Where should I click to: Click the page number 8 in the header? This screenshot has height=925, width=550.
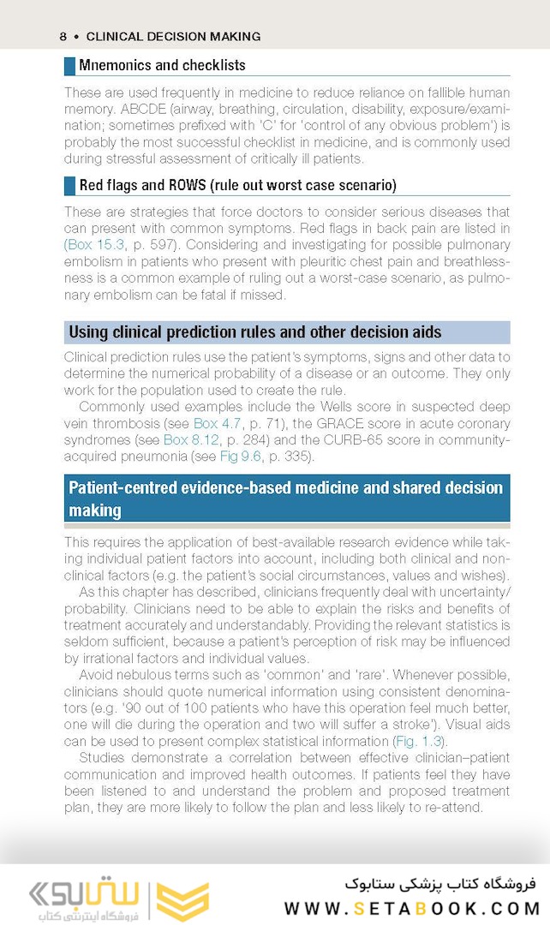(x=63, y=37)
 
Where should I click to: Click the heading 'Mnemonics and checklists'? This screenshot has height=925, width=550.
(x=162, y=65)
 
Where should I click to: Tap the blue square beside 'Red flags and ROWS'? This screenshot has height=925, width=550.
(x=70, y=185)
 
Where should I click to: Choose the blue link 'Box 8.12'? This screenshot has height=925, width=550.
(x=188, y=439)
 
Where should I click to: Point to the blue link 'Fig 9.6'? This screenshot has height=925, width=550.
(x=241, y=456)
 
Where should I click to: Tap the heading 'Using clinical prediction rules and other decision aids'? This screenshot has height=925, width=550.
(x=254, y=332)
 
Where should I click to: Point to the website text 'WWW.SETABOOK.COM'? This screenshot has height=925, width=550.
(x=411, y=908)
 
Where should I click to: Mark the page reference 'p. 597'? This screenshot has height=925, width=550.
(x=146, y=244)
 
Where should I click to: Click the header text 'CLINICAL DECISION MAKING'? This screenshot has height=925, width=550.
(x=173, y=37)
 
